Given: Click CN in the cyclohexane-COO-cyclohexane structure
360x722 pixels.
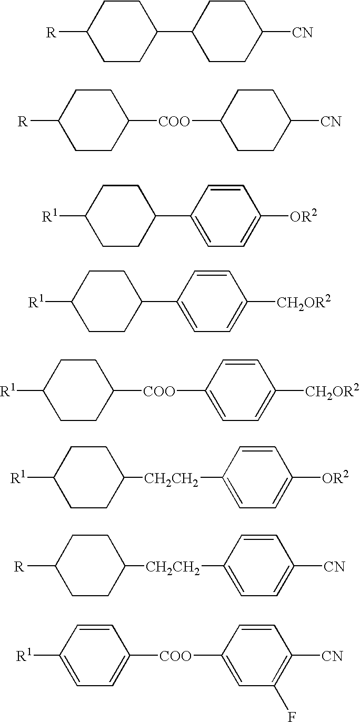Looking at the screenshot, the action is pyautogui.click(x=331, y=122).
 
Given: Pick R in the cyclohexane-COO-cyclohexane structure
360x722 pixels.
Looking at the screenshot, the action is pyautogui.click(x=22, y=122).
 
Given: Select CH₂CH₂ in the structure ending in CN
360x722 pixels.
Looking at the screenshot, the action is pyautogui.click(x=173, y=567).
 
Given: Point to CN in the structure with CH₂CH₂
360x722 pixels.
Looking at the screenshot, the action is pyautogui.click(x=334, y=567).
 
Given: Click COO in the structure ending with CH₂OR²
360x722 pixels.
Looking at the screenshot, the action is pyautogui.click(x=159, y=391).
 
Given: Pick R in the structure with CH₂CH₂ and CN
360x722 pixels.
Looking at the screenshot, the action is pyautogui.click(x=18, y=567).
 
